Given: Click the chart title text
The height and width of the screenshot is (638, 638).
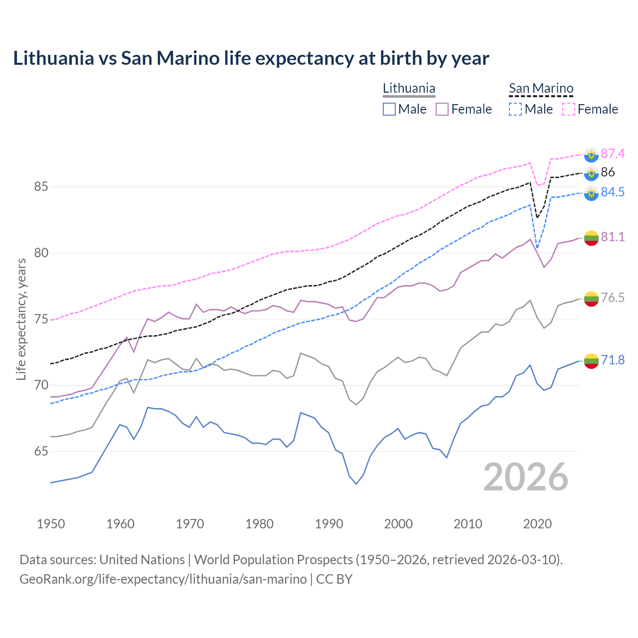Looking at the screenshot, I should click(x=251, y=58).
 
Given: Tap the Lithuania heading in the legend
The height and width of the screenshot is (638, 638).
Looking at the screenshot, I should click(x=409, y=88).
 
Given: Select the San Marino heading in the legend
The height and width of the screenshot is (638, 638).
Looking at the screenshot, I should click(x=541, y=88).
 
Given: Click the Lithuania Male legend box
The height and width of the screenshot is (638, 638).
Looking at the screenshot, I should click(x=389, y=109).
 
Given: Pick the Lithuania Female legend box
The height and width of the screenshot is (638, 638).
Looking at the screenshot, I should click(x=442, y=109).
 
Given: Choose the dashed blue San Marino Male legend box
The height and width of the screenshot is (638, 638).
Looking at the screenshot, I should click(x=515, y=109).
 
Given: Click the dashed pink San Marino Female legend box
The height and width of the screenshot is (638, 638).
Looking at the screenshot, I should click(x=569, y=109).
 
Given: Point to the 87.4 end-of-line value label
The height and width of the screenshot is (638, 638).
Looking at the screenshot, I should click(x=613, y=154).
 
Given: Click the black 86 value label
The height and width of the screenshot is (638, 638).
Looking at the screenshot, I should click(x=608, y=172).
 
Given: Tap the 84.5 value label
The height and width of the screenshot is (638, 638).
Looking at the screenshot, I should click(x=613, y=192).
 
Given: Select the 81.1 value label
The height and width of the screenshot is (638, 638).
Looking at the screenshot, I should click(x=613, y=237).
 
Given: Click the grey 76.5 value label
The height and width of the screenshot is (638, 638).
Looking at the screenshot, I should click(x=613, y=298).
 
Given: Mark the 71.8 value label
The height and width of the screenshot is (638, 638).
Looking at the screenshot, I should click(x=613, y=360).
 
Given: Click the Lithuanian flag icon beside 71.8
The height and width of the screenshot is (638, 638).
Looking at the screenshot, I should click(x=591, y=361).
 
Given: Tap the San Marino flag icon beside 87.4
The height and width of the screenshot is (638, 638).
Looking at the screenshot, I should click(x=591, y=155).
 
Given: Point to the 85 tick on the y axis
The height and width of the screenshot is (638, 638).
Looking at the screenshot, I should click(x=41, y=187).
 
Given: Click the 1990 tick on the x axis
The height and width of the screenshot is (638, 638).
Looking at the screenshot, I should click(x=329, y=524).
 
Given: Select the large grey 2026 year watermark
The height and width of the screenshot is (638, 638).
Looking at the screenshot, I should click(x=526, y=477).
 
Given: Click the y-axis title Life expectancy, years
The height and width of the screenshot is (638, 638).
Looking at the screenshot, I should click(x=21, y=319).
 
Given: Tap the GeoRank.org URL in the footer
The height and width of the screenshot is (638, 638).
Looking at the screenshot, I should click(x=163, y=579).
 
